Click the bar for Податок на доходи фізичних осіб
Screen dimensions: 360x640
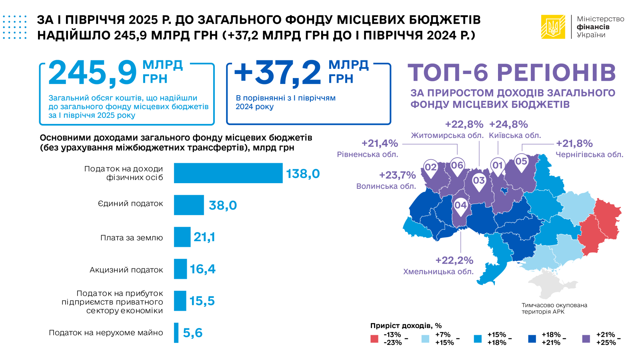click(228, 173)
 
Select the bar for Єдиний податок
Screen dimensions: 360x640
click(189, 205)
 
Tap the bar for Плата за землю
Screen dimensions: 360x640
click(182, 237)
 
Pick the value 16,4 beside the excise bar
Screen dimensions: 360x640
click(202, 269)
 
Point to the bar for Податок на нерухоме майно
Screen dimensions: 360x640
click(176, 333)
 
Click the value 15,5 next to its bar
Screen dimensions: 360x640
click(202, 301)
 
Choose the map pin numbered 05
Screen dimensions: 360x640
click(521, 162)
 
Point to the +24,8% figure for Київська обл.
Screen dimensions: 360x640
click(508, 124)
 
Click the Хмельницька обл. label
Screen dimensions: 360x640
click(438, 272)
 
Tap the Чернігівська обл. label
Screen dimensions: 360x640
click(589, 155)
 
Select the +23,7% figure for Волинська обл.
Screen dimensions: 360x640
click(397, 175)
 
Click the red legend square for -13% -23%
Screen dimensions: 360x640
click(374, 339)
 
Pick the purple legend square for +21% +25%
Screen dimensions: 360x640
click(586, 339)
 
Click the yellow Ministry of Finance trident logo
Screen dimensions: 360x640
click(553, 27)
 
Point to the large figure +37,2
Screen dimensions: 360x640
click(278, 73)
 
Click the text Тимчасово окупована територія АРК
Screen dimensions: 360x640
click(554, 308)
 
